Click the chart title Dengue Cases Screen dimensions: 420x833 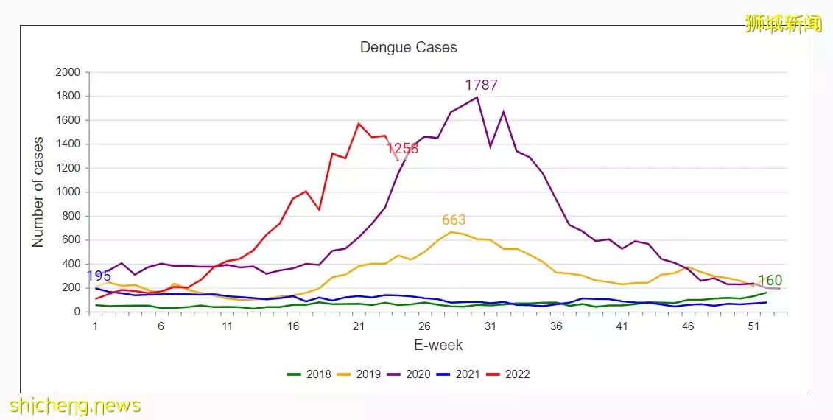click(x=408, y=47)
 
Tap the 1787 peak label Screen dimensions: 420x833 click(x=481, y=85)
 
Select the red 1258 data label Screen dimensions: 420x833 click(x=402, y=148)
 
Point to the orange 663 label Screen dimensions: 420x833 click(x=454, y=220)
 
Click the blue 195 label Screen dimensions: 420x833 click(x=99, y=276)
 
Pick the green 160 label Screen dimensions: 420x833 click(x=770, y=280)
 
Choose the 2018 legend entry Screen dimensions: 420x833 click(x=309, y=374)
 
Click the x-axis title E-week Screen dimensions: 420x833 click(x=437, y=345)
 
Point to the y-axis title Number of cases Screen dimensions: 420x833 click(x=38, y=192)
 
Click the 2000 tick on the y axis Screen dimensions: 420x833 click(x=68, y=72)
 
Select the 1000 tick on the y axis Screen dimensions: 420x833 click(x=68, y=192)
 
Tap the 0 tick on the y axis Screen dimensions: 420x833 click(x=77, y=312)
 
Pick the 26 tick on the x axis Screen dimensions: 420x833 click(x=424, y=326)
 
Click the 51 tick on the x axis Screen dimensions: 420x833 click(x=753, y=326)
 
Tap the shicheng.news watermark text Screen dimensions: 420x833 click(x=75, y=405)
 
